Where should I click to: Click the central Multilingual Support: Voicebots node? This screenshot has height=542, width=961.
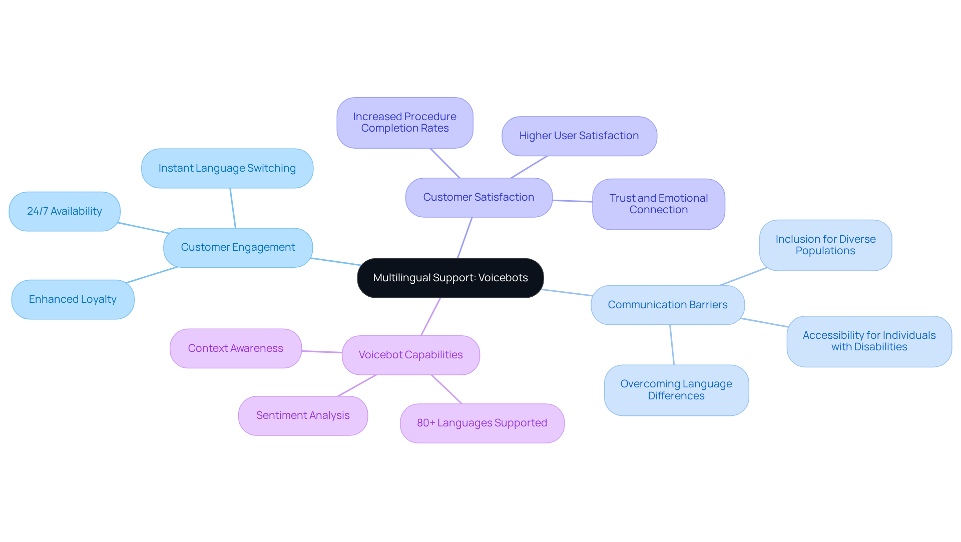[450, 278]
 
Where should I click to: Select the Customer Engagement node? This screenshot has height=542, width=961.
[238, 247]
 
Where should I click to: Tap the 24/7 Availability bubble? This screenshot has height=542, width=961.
[65, 211]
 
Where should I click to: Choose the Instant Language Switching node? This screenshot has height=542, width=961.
[227, 168]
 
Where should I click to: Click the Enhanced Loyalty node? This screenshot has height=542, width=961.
[73, 299]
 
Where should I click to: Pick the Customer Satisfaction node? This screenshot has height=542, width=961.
[478, 197]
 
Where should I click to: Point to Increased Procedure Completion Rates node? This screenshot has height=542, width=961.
[404, 123]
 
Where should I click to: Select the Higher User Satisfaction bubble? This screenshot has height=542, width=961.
[579, 136]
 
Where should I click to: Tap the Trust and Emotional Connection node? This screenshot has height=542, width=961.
[658, 204]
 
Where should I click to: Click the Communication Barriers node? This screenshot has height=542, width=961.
[667, 305]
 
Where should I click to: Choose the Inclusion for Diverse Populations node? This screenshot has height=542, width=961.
[825, 245]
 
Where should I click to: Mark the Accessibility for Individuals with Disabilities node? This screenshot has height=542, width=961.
[869, 341]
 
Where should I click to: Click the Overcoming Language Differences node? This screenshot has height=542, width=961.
[676, 390]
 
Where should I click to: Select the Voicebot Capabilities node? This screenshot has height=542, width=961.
[410, 355]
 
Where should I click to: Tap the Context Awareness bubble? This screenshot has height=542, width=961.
[236, 348]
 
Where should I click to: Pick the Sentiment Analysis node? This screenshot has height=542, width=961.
[303, 415]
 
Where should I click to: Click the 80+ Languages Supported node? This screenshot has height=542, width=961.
[482, 423]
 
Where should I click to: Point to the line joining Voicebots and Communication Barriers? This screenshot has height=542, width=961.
[567, 292]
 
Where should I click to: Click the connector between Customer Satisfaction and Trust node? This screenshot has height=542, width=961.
[573, 201]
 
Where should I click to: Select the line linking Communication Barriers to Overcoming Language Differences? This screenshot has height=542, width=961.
[672, 345]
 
